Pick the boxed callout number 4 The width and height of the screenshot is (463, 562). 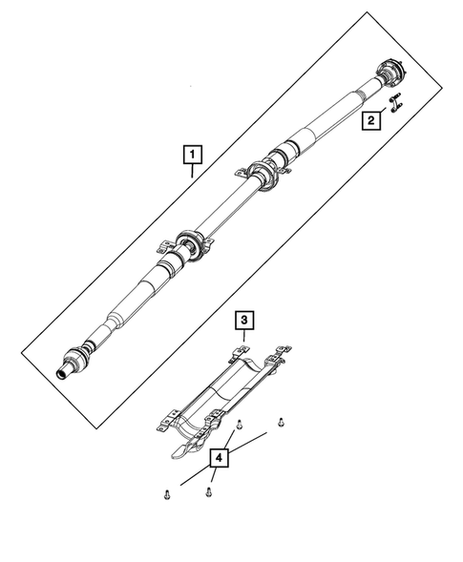220,459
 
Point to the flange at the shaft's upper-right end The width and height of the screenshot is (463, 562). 389,73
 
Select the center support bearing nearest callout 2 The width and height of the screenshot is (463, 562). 264,175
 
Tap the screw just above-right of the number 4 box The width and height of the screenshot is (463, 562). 241,430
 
